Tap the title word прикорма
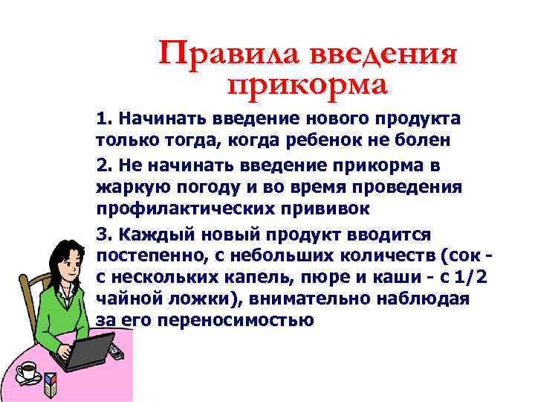click(x=308, y=84)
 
